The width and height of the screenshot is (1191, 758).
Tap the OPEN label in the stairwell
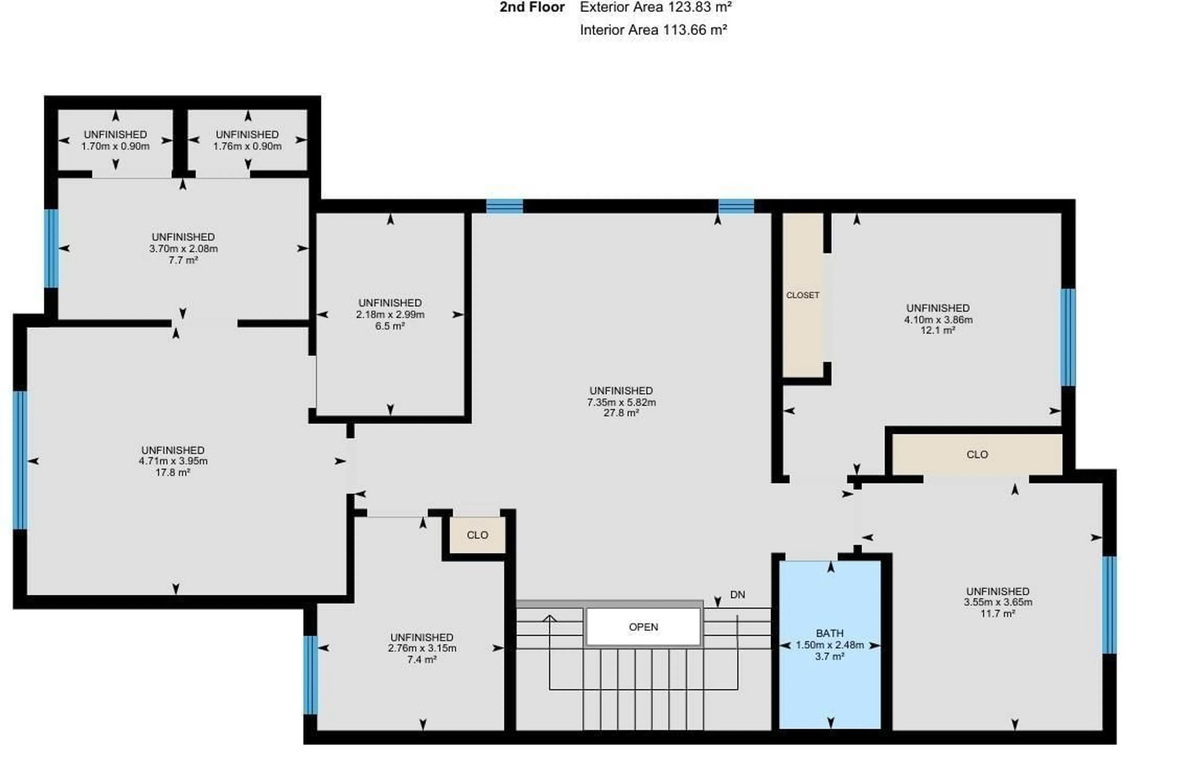pyautogui.click(x=643, y=627)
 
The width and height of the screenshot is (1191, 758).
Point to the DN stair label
pyautogui.click(x=737, y=595)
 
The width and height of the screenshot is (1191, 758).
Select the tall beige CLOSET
pyautogui.click(x=802, y=295)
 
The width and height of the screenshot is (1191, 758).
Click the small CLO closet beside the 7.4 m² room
pyautogui.click(x=477, y=535)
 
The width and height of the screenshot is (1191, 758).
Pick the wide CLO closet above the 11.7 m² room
pyautogui.click(x=977, y=454)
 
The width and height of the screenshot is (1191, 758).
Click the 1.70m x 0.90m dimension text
pyautogui.click(x=115, y=146)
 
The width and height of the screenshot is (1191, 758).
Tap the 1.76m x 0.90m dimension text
pyautogui.click(x=247, y=146)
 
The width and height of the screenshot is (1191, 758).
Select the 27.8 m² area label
pyautogui.click(x=621, y=413)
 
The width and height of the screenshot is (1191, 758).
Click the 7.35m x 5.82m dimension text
pyautogui.click(x=621, y=402)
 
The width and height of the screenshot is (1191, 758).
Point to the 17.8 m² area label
pyautogui.click(x=173, y=472)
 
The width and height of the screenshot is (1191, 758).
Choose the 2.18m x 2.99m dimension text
pyautogui.click(x=390, y=314)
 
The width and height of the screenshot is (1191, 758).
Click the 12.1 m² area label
pyautogui.click(x=938, y=330)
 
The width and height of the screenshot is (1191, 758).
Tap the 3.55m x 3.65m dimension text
pyautogui.click(x=997, y=602)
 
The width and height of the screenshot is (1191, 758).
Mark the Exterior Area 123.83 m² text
pyautogui.click(x=655, y=7)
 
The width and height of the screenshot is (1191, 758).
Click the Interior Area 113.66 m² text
pyautogui.click(x=653, y=30)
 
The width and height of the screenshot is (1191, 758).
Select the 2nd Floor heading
pyautogui.click(x=532, y=7)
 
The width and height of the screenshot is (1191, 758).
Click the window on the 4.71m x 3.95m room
pyautogui.click(x=20, y=460)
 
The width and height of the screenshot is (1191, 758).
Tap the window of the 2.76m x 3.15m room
pyautogui.click(x=310, y=675)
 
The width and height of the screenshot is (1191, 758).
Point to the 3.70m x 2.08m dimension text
pyautogui.click(x=183, y=249)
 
